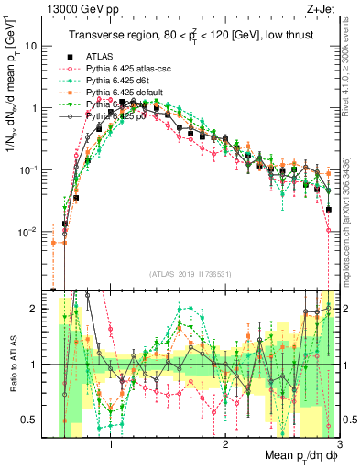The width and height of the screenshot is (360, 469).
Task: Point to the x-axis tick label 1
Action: pyautogui.click(x=111, y=446)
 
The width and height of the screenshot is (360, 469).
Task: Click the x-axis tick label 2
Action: pyautogui.click(x=225, y=446)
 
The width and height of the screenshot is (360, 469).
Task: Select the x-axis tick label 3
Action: pyautogui.click(x=339, y=446)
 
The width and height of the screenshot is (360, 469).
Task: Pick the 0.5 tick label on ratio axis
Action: pyautogui.click(x=41, y=420)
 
